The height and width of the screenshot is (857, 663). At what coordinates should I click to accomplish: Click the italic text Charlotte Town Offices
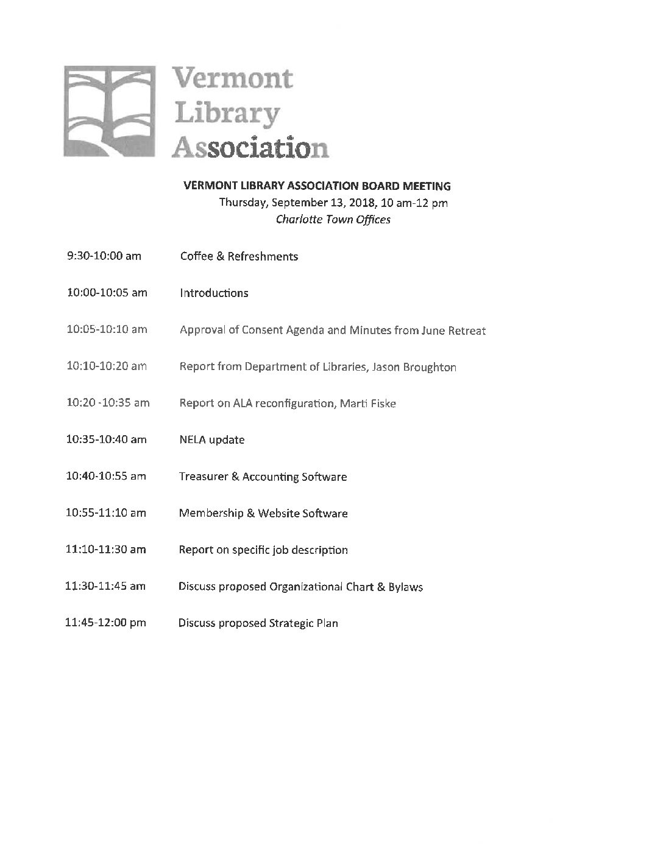coord(333,219)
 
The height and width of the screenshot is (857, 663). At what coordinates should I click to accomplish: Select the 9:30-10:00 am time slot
coord(104,256)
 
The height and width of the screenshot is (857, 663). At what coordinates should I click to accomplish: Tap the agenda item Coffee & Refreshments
coord(239,256)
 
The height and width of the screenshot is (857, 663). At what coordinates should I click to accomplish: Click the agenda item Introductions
coord(214,293)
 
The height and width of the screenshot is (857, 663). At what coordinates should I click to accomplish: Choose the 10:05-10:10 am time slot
coord(107,330)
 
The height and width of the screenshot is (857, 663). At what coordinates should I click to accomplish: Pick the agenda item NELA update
coord(211,440)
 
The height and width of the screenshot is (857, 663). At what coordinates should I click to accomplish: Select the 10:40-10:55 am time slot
coord(106,477)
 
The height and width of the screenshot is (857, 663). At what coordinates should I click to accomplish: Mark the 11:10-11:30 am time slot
coord(106,550)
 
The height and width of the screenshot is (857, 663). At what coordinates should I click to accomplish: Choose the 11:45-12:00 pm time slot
coord(106,623)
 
